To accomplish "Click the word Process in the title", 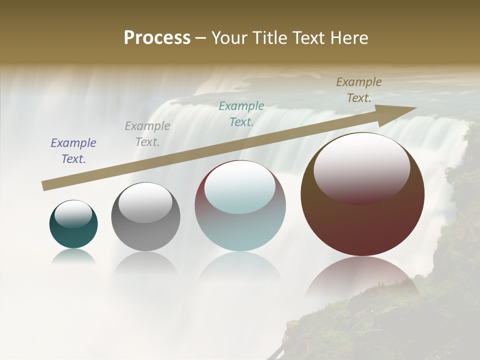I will [x=157, y=38].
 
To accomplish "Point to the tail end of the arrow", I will [x=44, y=186].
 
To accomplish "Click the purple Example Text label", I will [x=73, y=150].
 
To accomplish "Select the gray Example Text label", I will [x=147, y=133].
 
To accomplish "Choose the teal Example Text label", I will [x=241, y=113].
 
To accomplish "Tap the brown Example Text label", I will [x=359, y=90].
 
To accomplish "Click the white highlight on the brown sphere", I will [x=361, y=167].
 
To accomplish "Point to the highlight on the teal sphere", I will [x=73, y=214].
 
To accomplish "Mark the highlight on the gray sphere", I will [x=145, y=202].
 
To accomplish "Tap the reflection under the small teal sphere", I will [x=73, y=256].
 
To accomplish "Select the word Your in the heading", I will [x=230, y=38].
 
